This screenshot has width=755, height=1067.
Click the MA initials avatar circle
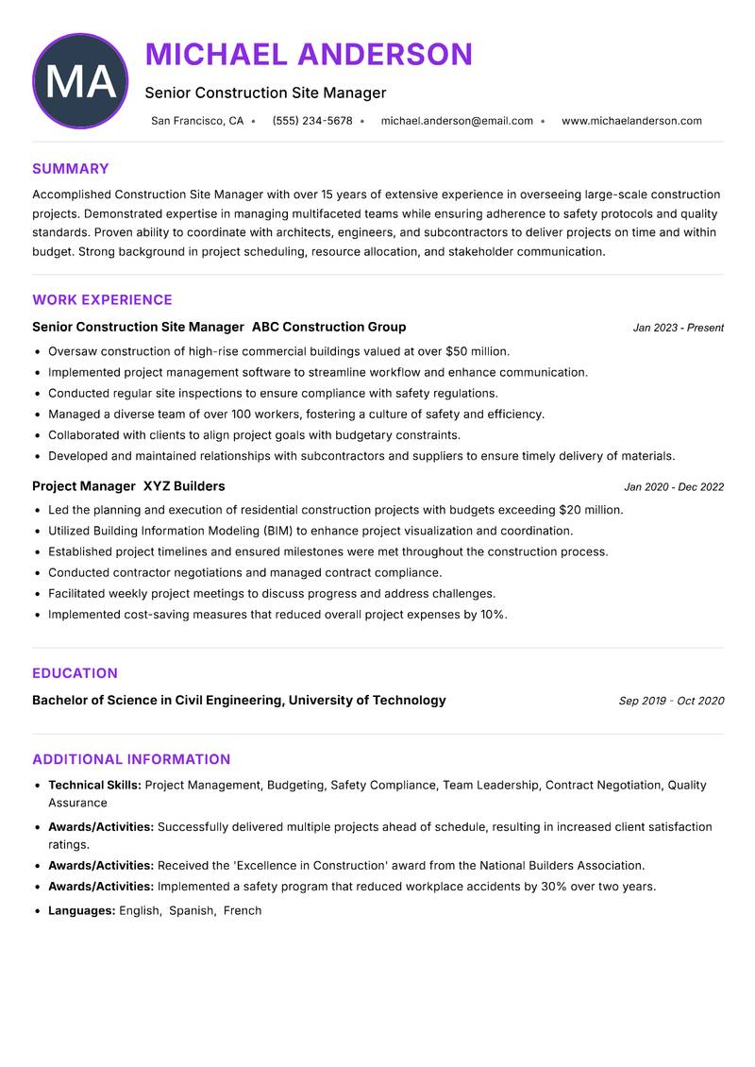click(80, 81)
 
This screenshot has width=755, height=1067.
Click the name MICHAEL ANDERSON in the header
click(309, 55)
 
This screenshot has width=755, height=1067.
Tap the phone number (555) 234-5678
click(312, 121)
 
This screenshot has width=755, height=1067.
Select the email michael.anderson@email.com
click(457, 121)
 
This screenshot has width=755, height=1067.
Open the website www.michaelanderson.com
click(631, 121)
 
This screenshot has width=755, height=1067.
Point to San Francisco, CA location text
click(197, 121)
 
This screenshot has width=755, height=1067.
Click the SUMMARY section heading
click(71, 169)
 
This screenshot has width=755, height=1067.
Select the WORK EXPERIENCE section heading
click(102, 300)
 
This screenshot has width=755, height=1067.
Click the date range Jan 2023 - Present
click(678, 328)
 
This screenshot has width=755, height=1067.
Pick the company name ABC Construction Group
click(328, 327)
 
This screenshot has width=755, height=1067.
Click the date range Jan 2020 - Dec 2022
click(674, 487)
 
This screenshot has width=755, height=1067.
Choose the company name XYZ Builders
click(184, 486)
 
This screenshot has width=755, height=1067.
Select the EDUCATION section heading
click(75, 673)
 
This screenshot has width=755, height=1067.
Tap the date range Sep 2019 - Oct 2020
click(671, 701)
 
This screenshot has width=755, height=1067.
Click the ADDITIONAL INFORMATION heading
click(131, 759)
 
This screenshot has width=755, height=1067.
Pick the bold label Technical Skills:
click(94, 785)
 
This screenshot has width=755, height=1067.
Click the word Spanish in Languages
click(192, 910)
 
